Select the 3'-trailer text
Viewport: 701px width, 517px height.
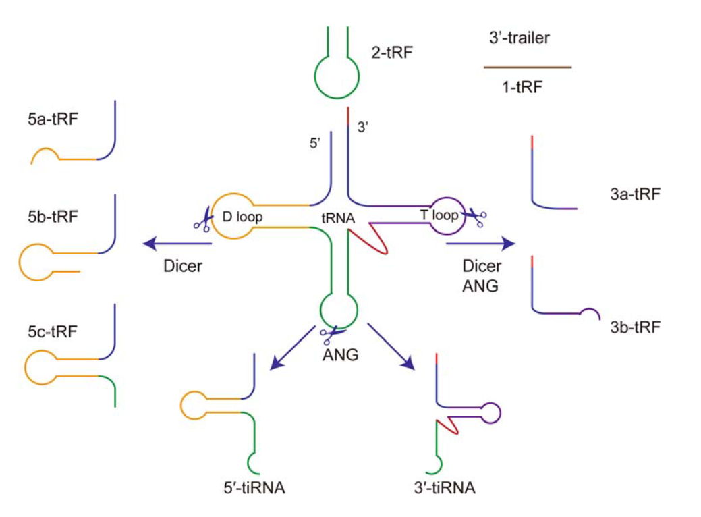point(519,38)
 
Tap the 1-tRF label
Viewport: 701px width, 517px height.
point(522,87)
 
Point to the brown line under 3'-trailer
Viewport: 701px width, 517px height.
point(527,67)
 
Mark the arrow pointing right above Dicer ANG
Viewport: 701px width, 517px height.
point(480,243)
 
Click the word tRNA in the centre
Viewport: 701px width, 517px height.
point(339,219)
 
